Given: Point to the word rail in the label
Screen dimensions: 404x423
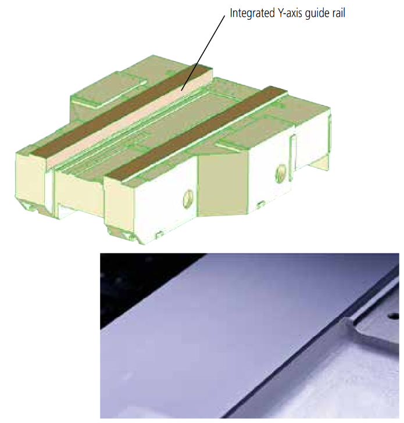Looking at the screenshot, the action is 338,13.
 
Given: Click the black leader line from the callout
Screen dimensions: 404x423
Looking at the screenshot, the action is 203,53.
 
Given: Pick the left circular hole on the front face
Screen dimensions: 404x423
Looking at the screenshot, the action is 188,199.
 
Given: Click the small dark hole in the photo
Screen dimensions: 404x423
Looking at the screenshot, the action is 394,316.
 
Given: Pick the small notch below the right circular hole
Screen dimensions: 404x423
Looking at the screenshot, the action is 260,204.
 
